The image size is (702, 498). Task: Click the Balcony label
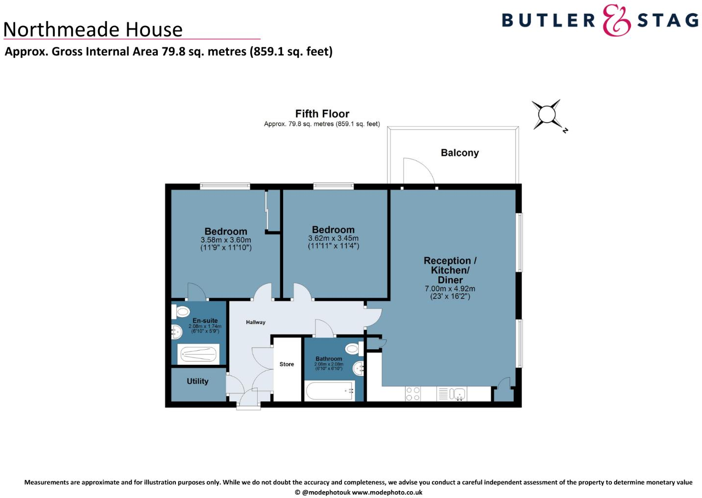[x=460, y=153]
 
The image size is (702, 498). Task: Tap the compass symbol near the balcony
[x=547, y=115]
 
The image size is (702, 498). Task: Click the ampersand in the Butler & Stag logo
[x=616, y=20]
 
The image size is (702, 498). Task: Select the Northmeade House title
[x=93, y=29]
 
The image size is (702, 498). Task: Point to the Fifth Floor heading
[x=322, y=114]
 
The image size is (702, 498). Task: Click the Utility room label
[x=197, y=381]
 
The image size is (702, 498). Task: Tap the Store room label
[x=287, y=364]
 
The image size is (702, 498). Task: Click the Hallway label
[x=255, y=322]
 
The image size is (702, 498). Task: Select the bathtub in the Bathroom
[x=330, y=391]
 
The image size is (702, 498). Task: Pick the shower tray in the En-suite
[x=198, y=354]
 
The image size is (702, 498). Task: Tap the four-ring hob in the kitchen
[x=413, y=394]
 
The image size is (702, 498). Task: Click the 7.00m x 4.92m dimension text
[x=450, y=289]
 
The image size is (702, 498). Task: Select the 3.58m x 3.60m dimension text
[x=226, y=240]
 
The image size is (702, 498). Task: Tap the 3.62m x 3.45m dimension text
[x=333, y=238]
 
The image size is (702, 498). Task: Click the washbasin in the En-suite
[x=176, y=332]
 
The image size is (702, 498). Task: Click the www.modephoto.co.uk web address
[x=387, y=492]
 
